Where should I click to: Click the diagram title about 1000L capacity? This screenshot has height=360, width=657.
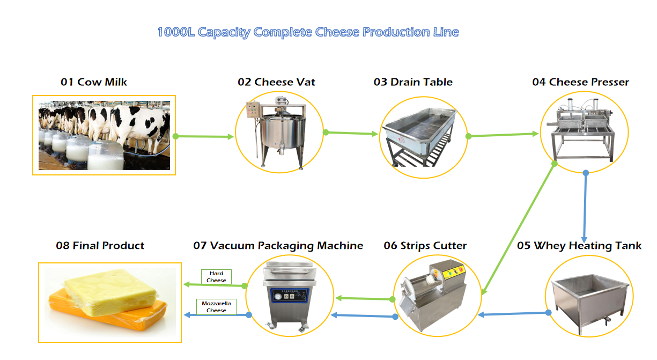[308, 32]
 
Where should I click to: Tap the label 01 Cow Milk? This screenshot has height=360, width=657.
[94, 82]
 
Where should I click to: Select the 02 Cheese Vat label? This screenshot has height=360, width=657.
[276, 82]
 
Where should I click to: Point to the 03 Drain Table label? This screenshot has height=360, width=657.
[413, 82]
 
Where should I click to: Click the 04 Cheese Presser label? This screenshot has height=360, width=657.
[580, 82]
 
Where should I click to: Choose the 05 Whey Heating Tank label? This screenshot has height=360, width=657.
[579, 246]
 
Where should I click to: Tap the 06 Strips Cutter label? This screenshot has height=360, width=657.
[425, 246]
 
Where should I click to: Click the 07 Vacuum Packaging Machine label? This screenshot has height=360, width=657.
[278, 246]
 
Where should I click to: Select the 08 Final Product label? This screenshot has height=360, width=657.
[100, 246]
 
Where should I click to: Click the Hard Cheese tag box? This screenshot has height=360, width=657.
[216, 277]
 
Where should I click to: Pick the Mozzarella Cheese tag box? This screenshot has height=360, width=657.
[216, 307]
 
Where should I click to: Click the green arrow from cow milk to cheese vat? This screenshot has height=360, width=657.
[204, 136]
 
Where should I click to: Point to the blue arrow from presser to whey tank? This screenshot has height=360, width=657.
[585, 207]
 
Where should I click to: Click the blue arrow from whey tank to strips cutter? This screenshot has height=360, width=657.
[512, 313]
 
